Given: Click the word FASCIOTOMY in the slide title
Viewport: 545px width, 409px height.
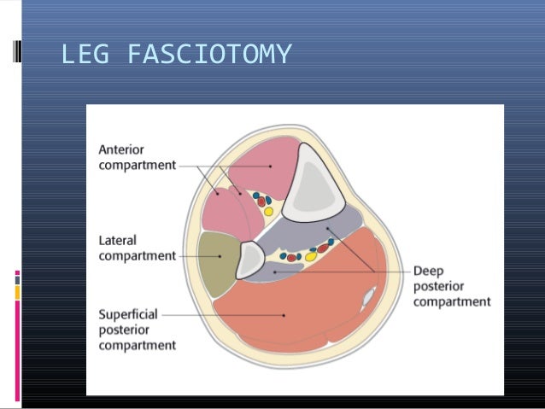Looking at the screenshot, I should tap(208, 56).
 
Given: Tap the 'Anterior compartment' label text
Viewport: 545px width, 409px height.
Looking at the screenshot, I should tap(137, 157).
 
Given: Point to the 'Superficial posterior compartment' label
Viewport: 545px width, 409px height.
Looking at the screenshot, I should tap(137, 330).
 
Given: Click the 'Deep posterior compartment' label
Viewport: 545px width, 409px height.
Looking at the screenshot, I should tap(451, 286).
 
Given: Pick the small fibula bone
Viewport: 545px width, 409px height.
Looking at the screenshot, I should tap(250, 260).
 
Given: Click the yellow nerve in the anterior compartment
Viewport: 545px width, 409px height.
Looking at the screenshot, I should tap(267, 210).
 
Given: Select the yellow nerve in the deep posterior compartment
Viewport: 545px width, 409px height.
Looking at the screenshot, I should tap(311, 254).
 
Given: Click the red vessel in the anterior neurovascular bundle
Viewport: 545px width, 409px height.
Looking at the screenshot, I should tap(261, 202).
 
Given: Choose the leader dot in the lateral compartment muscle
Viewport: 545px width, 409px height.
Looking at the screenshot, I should tap(221, 254).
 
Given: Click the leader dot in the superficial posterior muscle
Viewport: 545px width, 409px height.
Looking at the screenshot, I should tap(284, 313).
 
